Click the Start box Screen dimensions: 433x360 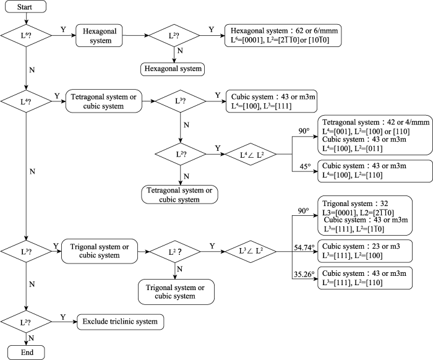25,7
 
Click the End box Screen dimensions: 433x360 26,353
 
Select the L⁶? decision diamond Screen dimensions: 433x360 26,36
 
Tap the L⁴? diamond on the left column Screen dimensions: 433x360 26,101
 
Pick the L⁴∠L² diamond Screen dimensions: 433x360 251,154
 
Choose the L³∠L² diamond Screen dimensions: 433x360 251,252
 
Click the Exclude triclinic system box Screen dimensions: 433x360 121,322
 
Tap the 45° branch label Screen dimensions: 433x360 305,166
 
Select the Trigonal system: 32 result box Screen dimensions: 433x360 365,216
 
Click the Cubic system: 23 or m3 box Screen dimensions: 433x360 365,251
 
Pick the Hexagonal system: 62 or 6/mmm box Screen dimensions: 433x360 283,36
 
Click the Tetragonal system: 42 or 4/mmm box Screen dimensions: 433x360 375,135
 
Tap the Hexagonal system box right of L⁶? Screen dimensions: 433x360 99,36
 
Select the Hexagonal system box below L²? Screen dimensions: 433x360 173,69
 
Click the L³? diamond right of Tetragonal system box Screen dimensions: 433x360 181,101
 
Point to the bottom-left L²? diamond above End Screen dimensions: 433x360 26,322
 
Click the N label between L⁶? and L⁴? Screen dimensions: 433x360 32,70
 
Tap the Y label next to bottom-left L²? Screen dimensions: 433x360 63,317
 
